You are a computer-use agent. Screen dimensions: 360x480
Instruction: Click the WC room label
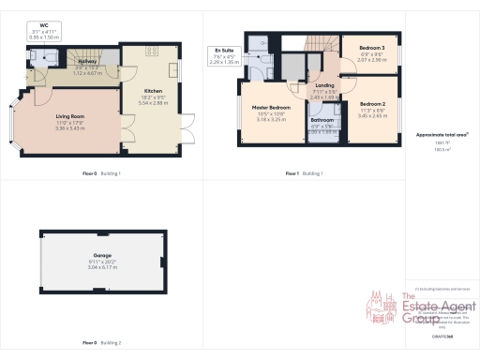coord(44,25)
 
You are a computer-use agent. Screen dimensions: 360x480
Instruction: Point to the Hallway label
coord(88,62)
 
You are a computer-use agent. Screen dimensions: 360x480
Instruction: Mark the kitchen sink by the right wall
coord(173,70)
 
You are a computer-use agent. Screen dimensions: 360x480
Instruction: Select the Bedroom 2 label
coord(373,103)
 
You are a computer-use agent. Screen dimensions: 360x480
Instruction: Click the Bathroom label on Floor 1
coord(322,120)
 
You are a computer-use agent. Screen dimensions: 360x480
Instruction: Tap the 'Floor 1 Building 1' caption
coord(304,173)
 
